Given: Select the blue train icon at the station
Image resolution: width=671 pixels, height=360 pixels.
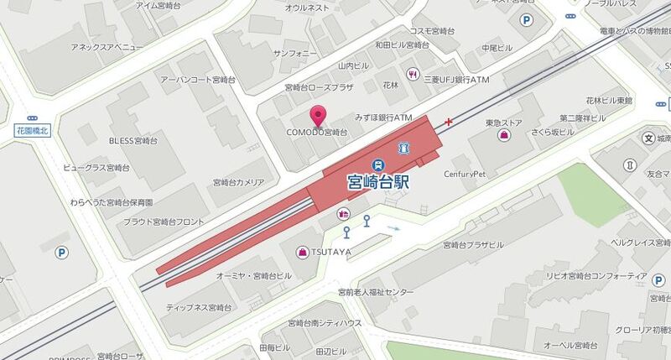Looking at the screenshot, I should click(379, 164).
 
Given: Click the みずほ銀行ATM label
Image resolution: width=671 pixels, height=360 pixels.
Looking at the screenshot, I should click(384, 117).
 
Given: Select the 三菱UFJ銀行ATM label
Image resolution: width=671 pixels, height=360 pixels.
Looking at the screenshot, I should click(455, 78).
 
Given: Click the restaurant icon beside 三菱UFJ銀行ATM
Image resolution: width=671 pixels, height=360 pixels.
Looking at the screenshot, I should click(413, 76).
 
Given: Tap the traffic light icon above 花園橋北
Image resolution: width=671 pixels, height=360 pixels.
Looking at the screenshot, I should click(33, 119).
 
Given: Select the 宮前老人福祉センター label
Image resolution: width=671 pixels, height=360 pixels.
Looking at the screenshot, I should click(376, 292).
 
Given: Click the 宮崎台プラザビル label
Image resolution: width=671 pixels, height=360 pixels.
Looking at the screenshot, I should click(473, 245).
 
